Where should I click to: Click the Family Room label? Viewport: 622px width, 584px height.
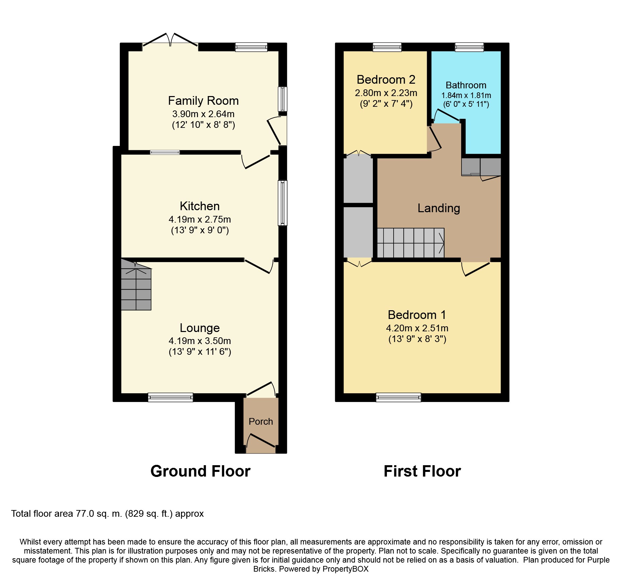coord(203,101)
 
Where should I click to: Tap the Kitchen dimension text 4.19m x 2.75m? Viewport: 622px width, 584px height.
coord(200,220)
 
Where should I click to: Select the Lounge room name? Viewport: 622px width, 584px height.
coord(200,328)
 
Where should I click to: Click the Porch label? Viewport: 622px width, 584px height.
coord(261,421)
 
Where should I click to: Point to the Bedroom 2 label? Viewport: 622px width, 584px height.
coord(386,80)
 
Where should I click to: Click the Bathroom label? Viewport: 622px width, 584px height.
coord(466,85)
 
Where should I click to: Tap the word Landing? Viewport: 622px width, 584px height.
coord(439,208)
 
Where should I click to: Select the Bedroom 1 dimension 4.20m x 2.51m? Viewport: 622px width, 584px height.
coord(417,328)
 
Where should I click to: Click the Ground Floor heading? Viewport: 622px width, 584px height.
coord(200,471)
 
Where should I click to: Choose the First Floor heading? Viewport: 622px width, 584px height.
coord(422,471)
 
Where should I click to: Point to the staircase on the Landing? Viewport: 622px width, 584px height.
coord(411,243)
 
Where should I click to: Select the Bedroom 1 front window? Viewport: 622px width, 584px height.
coord(399,397)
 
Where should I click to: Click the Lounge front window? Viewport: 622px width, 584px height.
coord(171,397)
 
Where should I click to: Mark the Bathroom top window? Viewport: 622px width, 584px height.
coord(469,47)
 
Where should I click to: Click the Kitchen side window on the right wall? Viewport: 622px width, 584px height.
coord(283,203)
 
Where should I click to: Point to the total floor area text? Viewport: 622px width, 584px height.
coord(107,514)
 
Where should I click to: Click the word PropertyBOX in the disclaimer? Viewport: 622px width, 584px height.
coord(345,569)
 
